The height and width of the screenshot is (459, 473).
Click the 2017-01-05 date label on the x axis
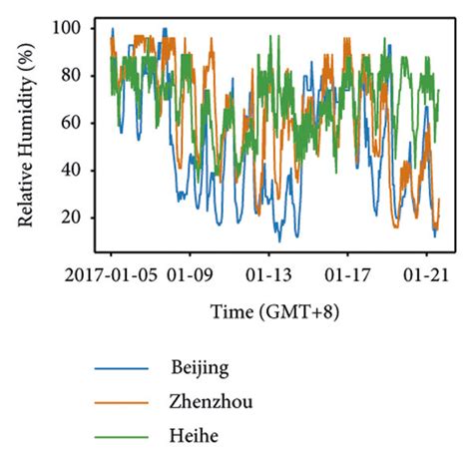click(x=111, y=270)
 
